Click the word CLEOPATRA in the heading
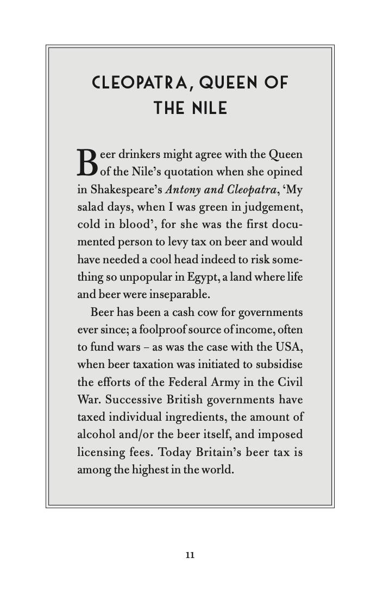point(139,83)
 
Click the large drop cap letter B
point(87,162)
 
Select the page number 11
point(190,555)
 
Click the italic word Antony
point(183,189)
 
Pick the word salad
point(90,207)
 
